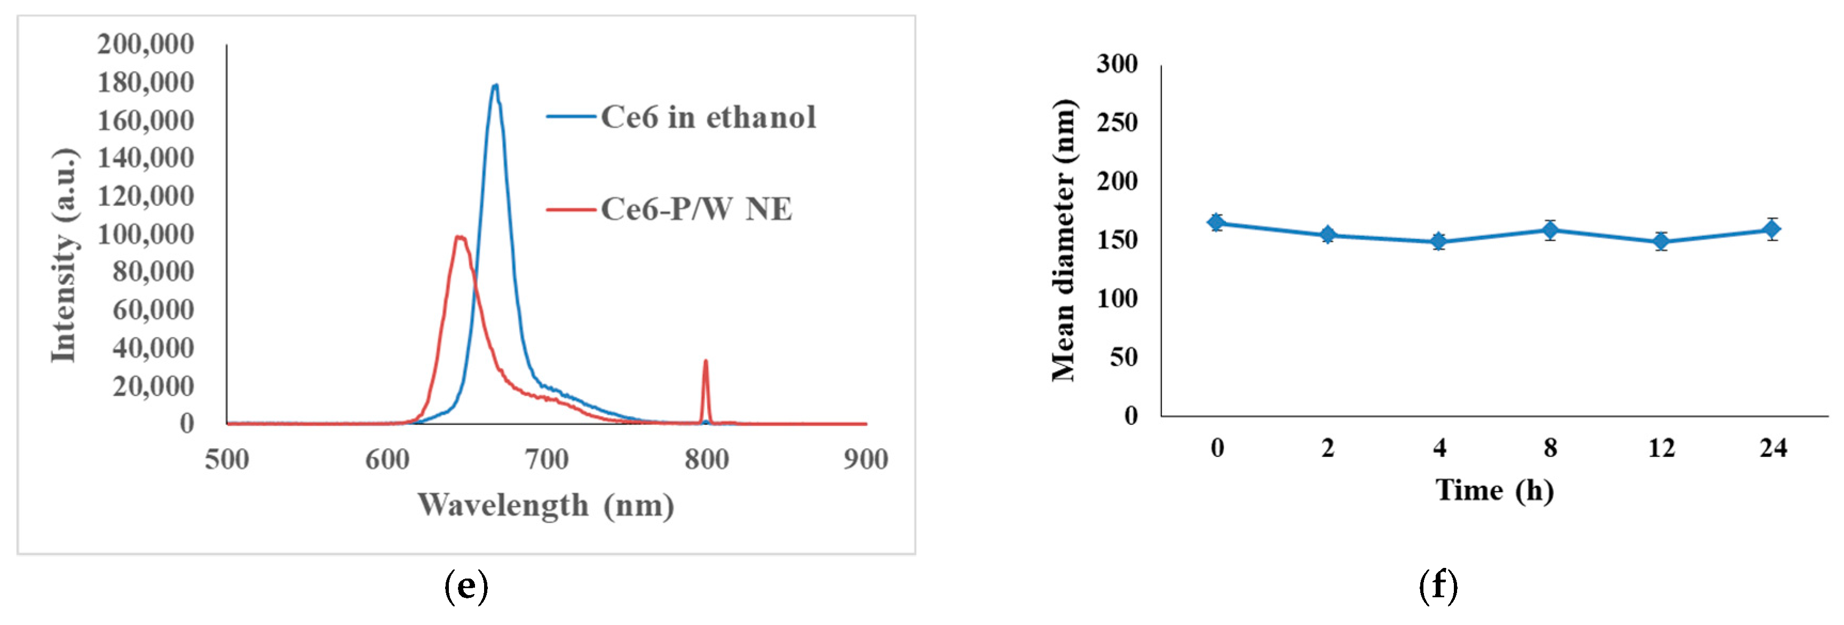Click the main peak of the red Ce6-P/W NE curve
click(460, 238)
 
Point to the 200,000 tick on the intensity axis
click(145, 44)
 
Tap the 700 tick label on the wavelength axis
click(547, 459)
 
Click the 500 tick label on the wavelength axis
click(227, 459)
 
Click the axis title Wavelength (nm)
click(545, 505)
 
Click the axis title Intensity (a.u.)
click(65, 256)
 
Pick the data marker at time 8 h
click(1550, 230)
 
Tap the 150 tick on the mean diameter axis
click(1118, 240)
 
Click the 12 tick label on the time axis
click(1661, 448)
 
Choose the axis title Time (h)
click(1494, 490)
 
